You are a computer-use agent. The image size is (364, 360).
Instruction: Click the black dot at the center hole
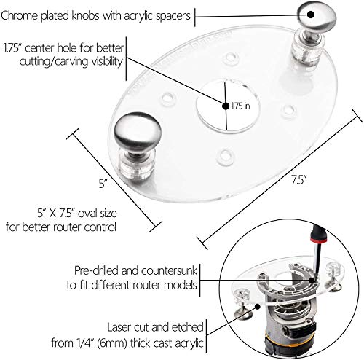point(226,106)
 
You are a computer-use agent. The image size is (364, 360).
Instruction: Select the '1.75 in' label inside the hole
point(240,106)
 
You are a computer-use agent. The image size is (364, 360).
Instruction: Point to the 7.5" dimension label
point(298,180)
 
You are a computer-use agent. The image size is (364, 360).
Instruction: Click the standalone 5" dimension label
point(103,184)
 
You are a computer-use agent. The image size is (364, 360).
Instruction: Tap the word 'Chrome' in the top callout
point(20,16)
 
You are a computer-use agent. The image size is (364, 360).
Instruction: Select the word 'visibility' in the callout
point(107,61)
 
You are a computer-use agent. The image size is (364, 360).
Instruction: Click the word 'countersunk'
point(169,270)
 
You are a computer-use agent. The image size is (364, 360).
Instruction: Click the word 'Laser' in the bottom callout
point(119,327)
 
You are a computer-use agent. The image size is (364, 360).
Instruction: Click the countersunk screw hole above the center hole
point(229,58)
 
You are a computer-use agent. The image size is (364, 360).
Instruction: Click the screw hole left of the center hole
point(168,98)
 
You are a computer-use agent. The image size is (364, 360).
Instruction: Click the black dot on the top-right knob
point(311,14)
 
